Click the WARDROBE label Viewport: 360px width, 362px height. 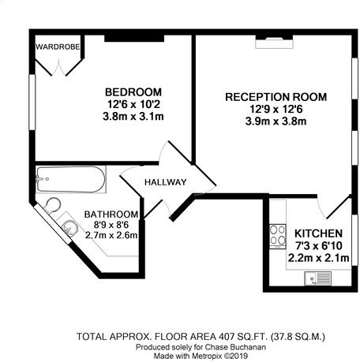(x=58, y=46)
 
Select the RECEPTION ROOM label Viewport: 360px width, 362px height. (x=276, y=97)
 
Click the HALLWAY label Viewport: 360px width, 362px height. (x=165, y=183)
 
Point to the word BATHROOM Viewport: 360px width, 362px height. (x=111, y=214)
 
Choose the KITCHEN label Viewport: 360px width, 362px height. (x=318, y=233)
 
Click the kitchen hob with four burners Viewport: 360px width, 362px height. (x=278, y=234)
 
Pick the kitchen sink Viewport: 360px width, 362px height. (x=323, y=277)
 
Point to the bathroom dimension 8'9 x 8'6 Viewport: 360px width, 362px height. (x=111, y=224)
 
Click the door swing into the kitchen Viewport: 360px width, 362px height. (x=334, y=207)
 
